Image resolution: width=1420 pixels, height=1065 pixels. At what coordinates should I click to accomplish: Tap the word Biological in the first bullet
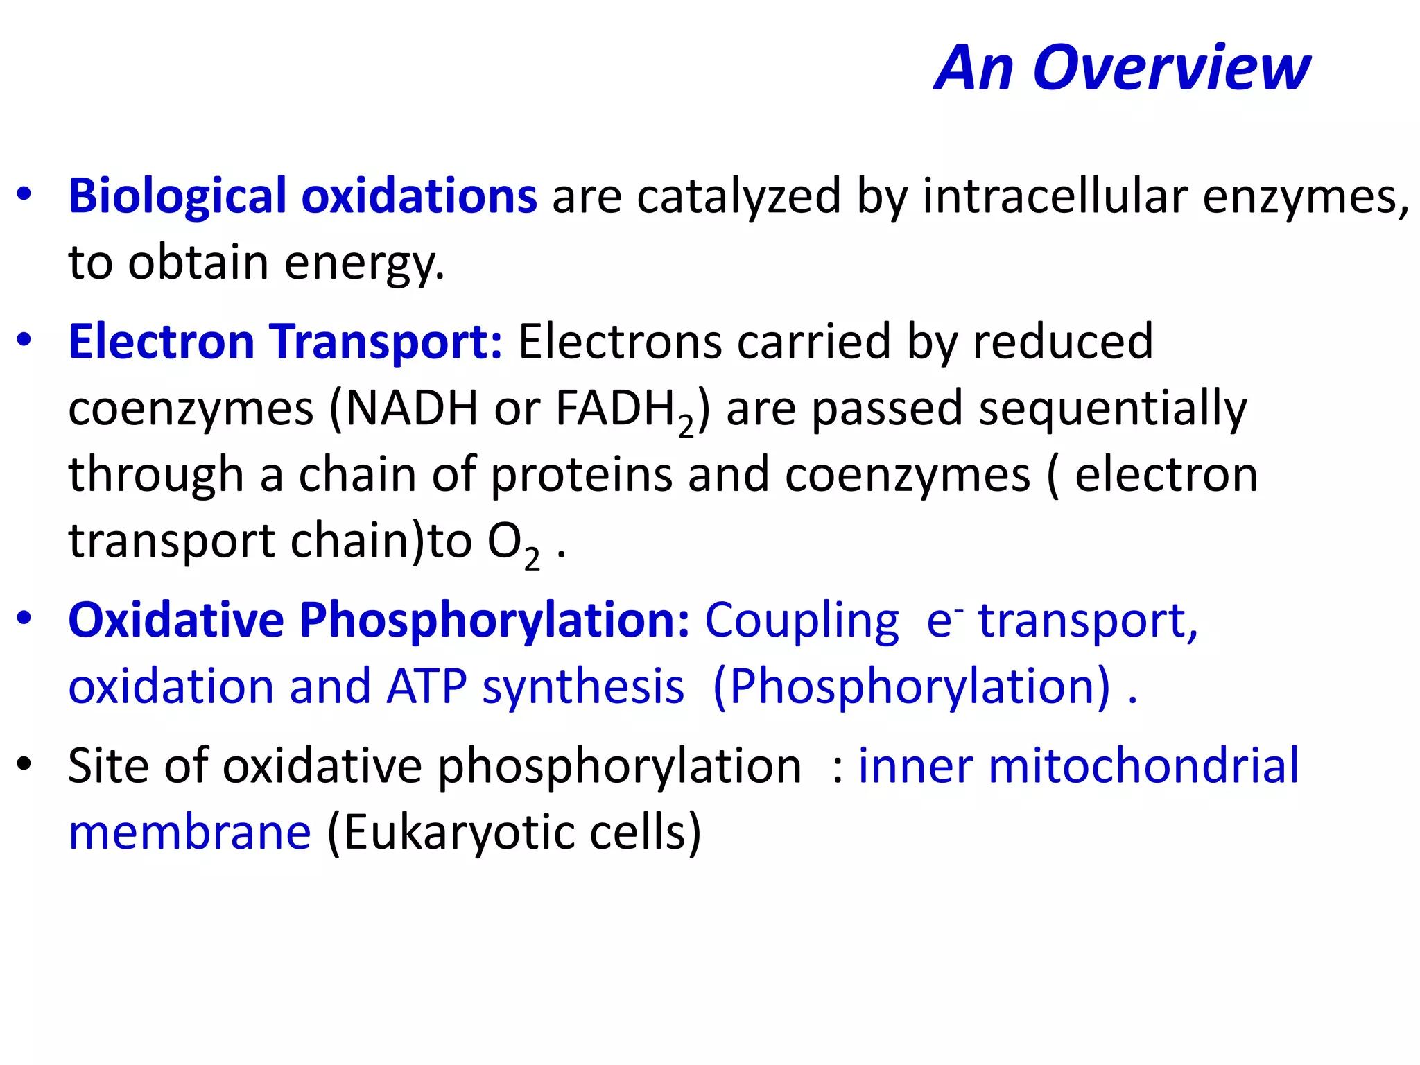(x=177, y=196)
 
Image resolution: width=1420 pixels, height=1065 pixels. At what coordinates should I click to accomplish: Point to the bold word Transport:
(x=386, y=342)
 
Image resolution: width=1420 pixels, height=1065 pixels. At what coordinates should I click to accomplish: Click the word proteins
(x=582, y=476)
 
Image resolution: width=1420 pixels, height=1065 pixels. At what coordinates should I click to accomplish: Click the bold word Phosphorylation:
(x=494, y=620)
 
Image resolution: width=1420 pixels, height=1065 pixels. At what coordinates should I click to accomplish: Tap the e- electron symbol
(x=943, y=620)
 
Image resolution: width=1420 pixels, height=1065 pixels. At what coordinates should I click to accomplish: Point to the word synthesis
(x=583, y=688)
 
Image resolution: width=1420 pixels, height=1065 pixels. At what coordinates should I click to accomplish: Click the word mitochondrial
(x=1143, y=766)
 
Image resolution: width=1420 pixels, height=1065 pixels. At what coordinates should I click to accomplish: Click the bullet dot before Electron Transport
(x=24, y=340)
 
